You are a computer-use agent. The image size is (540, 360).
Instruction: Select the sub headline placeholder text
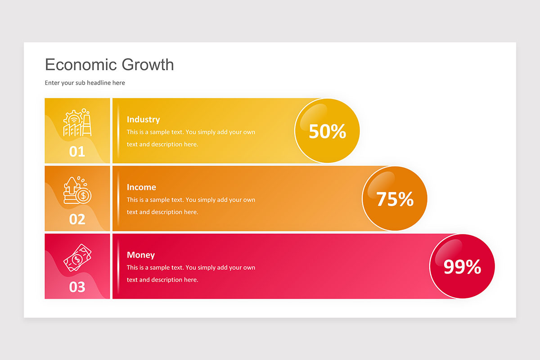pyautogui.click(x=85, y=83)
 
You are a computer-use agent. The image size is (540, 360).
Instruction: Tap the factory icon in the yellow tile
pyautogui.click(x=77, y=123)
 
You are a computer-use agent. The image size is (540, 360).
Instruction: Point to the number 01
pyautogui.click(x=77, y=151)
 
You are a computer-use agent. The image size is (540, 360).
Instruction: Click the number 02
pyautogui.click(x=77, y=219)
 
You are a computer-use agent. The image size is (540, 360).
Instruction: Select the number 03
pyautogui.click(x=77, y=287)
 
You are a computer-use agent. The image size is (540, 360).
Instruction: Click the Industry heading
pyautogui.click(x=143, y=119)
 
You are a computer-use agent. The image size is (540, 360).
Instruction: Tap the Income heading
pyautogui.click(x=141, y=187)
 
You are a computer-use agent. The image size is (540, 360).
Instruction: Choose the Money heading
pyautogui.click(x=140, y=255)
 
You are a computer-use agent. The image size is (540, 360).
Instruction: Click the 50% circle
pyautogui.click(x=327, y=131)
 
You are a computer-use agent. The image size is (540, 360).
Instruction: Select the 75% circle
pyautogui.click(x=395, y=198)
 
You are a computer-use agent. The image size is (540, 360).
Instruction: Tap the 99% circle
pyautogui.click(x=462, y=266)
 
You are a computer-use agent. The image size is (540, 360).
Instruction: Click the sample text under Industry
pyautogui.click(x=191, y=138)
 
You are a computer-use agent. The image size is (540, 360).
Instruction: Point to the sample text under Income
pyautogui.click(x=191, y=206)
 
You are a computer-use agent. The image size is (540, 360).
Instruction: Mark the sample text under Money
pyautogui.click(x=191, y=273)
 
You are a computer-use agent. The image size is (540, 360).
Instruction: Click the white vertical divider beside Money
pyautogui.click(x=118, y=266)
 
